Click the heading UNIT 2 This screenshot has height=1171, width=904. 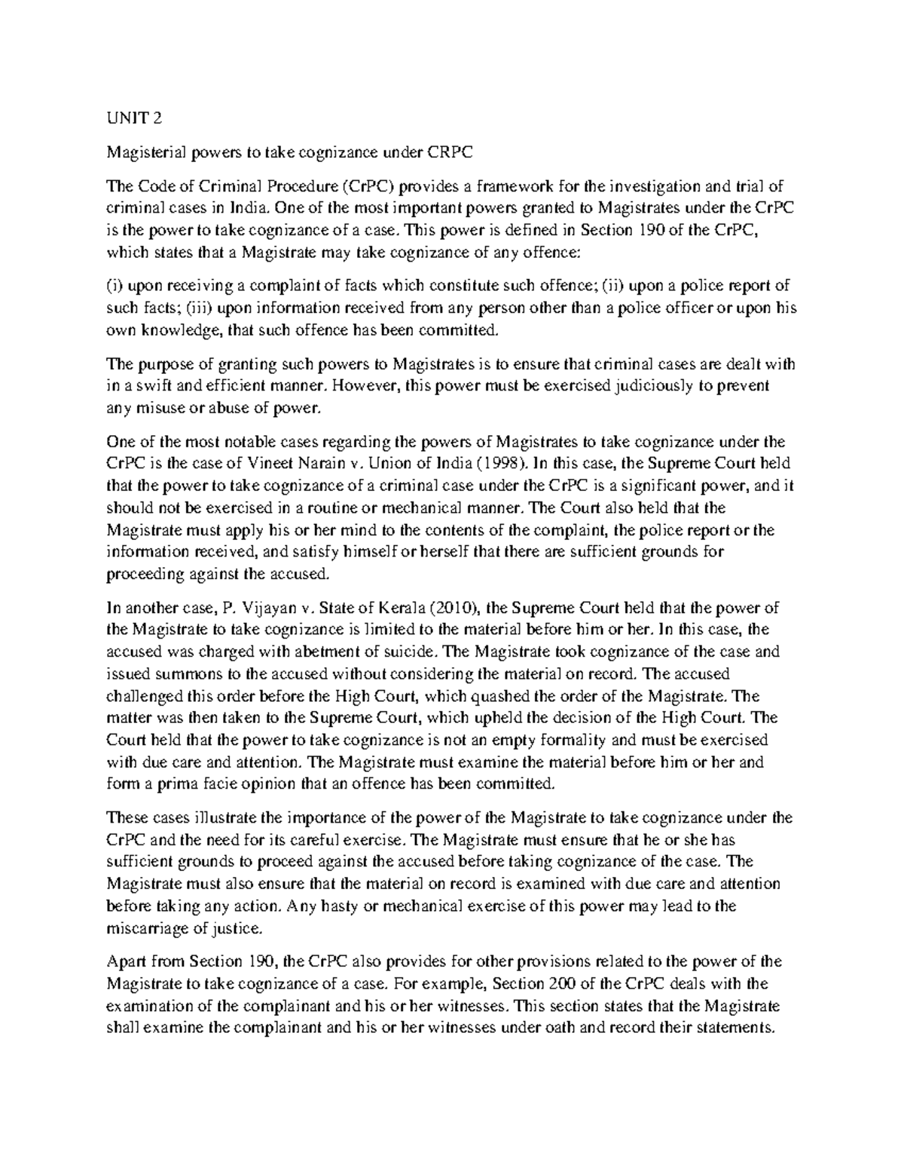[133, 118]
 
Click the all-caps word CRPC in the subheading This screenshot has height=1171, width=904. [450, 152]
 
